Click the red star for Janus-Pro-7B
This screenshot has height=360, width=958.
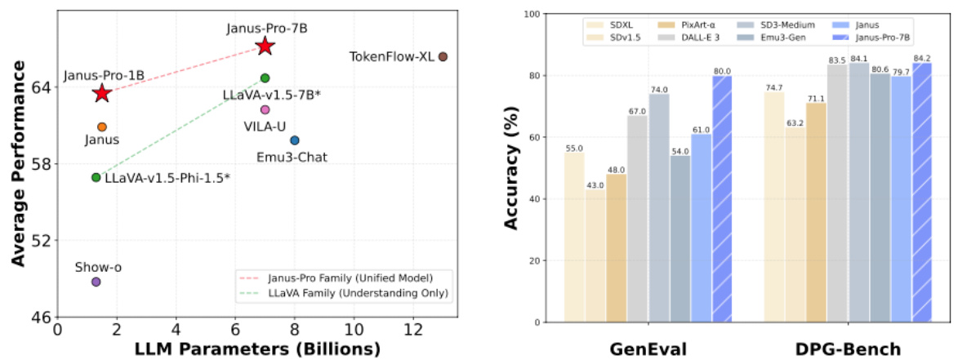coord(265,47)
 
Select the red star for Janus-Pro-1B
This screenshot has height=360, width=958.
coord(101,93)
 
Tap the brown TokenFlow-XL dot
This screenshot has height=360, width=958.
coord(443,56)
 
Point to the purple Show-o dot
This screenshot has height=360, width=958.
coord(96,282)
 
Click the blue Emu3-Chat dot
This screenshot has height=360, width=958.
coord(295,140)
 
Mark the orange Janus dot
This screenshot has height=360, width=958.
coord(102,127)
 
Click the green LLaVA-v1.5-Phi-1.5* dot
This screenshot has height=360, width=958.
coord(96,177)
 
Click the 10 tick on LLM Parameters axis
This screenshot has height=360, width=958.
coord(354,329)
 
